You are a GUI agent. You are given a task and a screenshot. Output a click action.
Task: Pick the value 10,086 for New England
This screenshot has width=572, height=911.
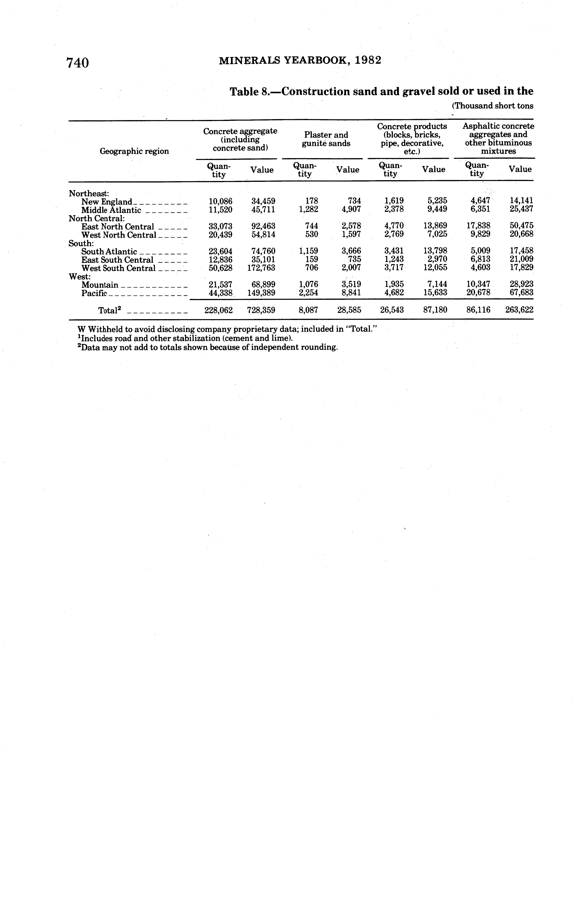click(221, 201)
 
